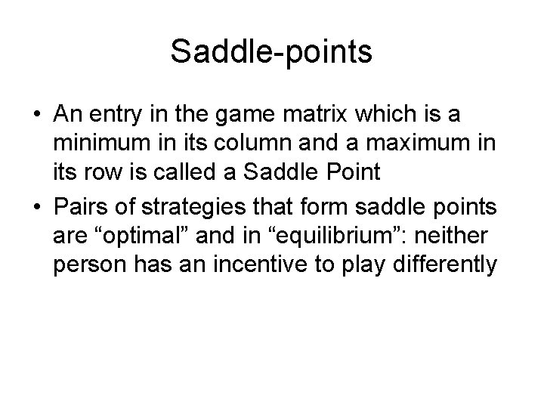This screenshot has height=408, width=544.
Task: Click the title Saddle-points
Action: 271,52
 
